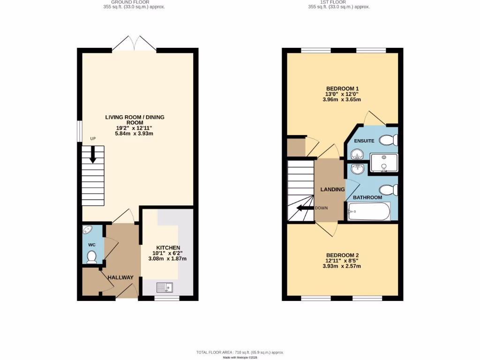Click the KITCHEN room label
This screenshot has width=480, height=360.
coord(168,247)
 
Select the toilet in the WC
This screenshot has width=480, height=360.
coord(92,256)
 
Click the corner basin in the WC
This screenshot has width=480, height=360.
coord(87,231)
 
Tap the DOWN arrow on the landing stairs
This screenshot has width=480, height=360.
coord(306,209)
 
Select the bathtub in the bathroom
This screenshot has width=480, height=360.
coord(369,211)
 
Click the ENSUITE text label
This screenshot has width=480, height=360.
coord(364,141)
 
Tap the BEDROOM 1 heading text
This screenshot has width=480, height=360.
coord(342,88)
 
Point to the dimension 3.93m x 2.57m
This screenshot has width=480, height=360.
coord(342,266)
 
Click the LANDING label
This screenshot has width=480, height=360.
coord(332,189)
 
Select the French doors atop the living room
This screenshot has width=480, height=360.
coord(135,45)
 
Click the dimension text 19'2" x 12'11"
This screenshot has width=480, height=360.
coord(135,127)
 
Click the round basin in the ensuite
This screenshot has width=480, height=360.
coord(358,154)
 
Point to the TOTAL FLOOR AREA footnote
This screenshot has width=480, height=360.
coord(240,352)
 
